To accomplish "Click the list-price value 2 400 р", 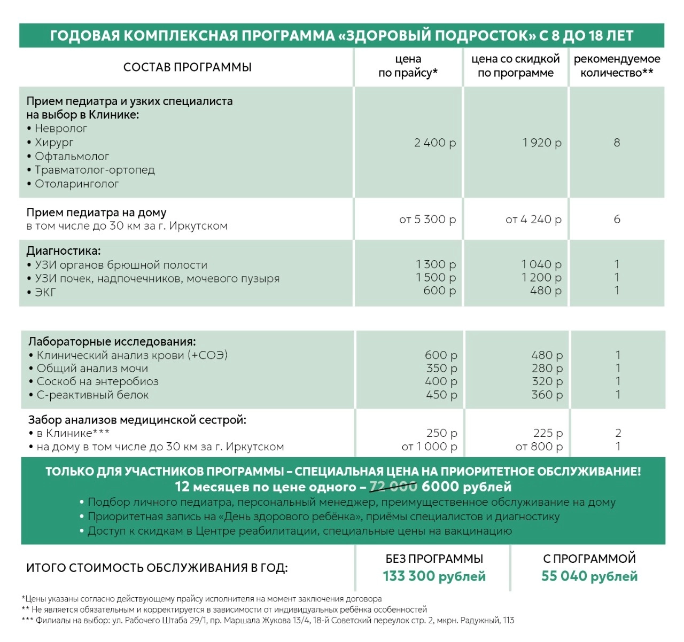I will pyautogui.click(x=435, y=143).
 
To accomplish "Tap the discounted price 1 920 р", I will pyautogui.click(x=542, y=143).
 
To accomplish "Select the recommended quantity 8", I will pyautogui.click(x=617, y=143).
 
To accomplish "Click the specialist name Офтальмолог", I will pyautogui.click(x=72, y=156).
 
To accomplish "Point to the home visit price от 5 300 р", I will pyautogui.click(x=428, y=220).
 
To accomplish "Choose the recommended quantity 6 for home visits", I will pyautogui.click(x=617, y=220).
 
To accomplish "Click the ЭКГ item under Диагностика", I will pyautogui.click(x=45, y=292).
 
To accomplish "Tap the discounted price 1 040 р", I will pyautogui.click(x=541, y=264).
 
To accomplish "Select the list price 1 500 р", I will pyautogui.click(x=436, y=278).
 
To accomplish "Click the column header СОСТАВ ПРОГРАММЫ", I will pyautogui.click(x=187, y=67).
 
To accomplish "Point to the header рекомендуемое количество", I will pyautogui.click(x=617, y=66).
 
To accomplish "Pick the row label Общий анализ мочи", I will pyautogui.click(x=92, y=369).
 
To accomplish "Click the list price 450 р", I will pyautogui.click(x=441, y=395).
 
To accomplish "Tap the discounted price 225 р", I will pyautogui.click(x=548, y=433).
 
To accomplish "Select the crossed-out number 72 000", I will pyautogui.click(x=393, y=487).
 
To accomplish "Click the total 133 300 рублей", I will pyautogui.click(x=434, y=576).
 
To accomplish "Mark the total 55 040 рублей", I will pyautogui.click(x=589, y=576).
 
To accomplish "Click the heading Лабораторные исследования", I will pyautogui.click(x=112, y=342).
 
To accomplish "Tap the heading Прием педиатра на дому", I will pyautogui.click(x=96, y=213).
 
